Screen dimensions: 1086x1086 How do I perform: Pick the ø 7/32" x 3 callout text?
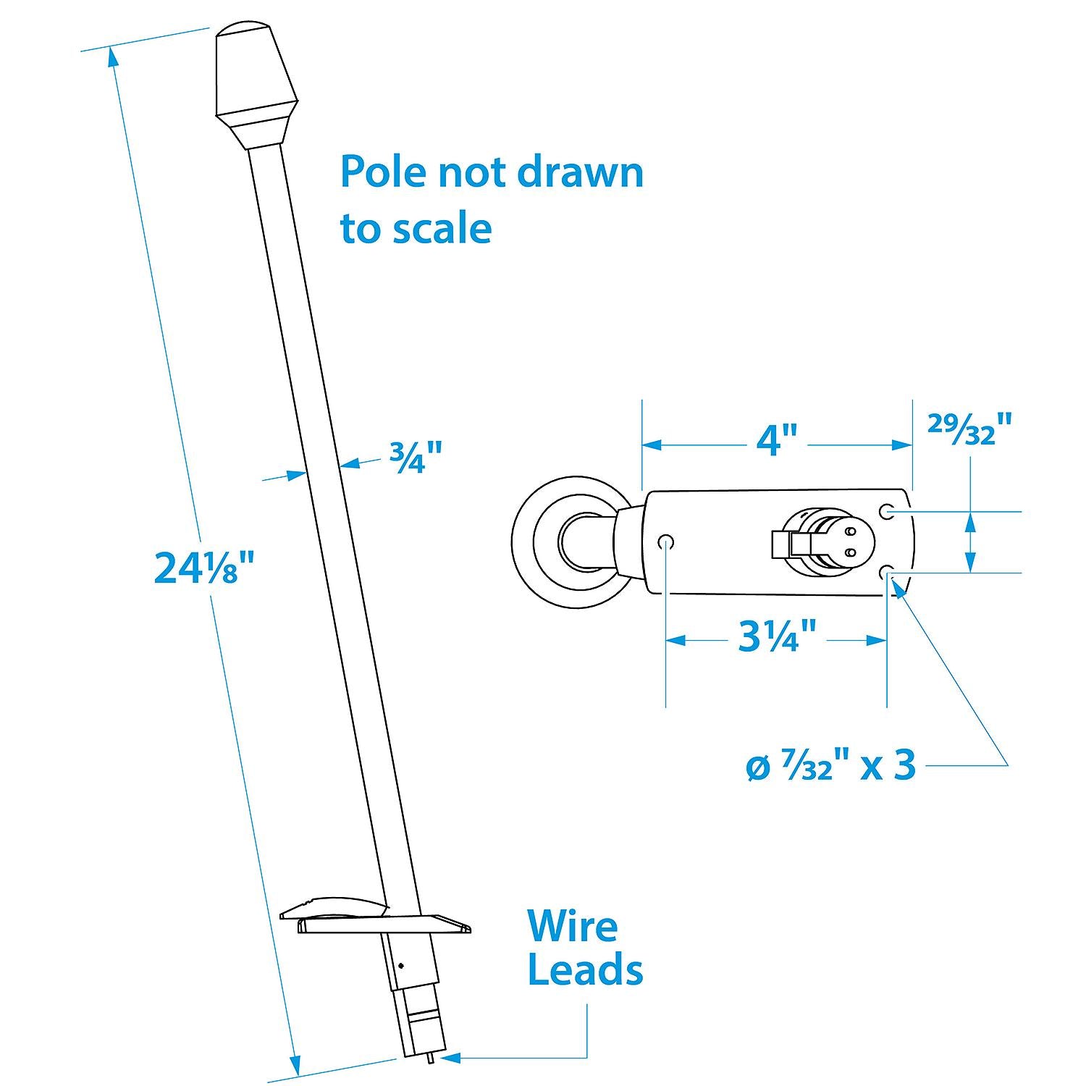click(830, 765)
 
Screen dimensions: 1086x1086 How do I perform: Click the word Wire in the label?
click(572, 926)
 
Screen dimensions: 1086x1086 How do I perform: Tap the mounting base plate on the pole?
click(376, 917)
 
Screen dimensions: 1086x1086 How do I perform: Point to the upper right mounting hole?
click(886, 512)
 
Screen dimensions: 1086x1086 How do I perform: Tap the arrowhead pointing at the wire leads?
click(450, 1058)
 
